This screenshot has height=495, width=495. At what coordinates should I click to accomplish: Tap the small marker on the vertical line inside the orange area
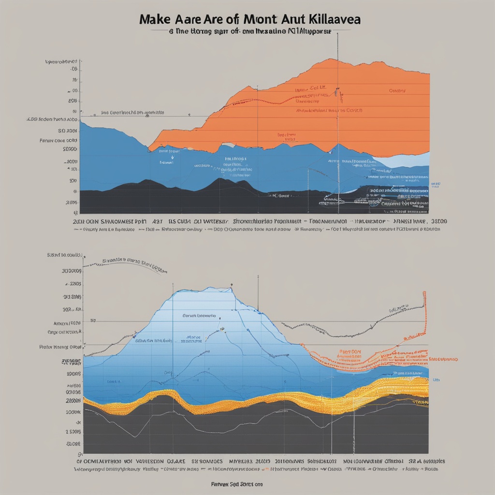(337, 90)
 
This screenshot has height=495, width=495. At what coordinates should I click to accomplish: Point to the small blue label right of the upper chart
(436, 184)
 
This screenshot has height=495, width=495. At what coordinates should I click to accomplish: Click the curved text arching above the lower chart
(131, 262)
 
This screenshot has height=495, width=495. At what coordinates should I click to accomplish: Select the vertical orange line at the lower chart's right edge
(424, 314)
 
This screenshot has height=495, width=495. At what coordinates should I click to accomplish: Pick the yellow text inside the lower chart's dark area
(420, 402)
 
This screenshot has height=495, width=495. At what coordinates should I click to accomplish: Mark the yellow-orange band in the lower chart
(242, 404)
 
